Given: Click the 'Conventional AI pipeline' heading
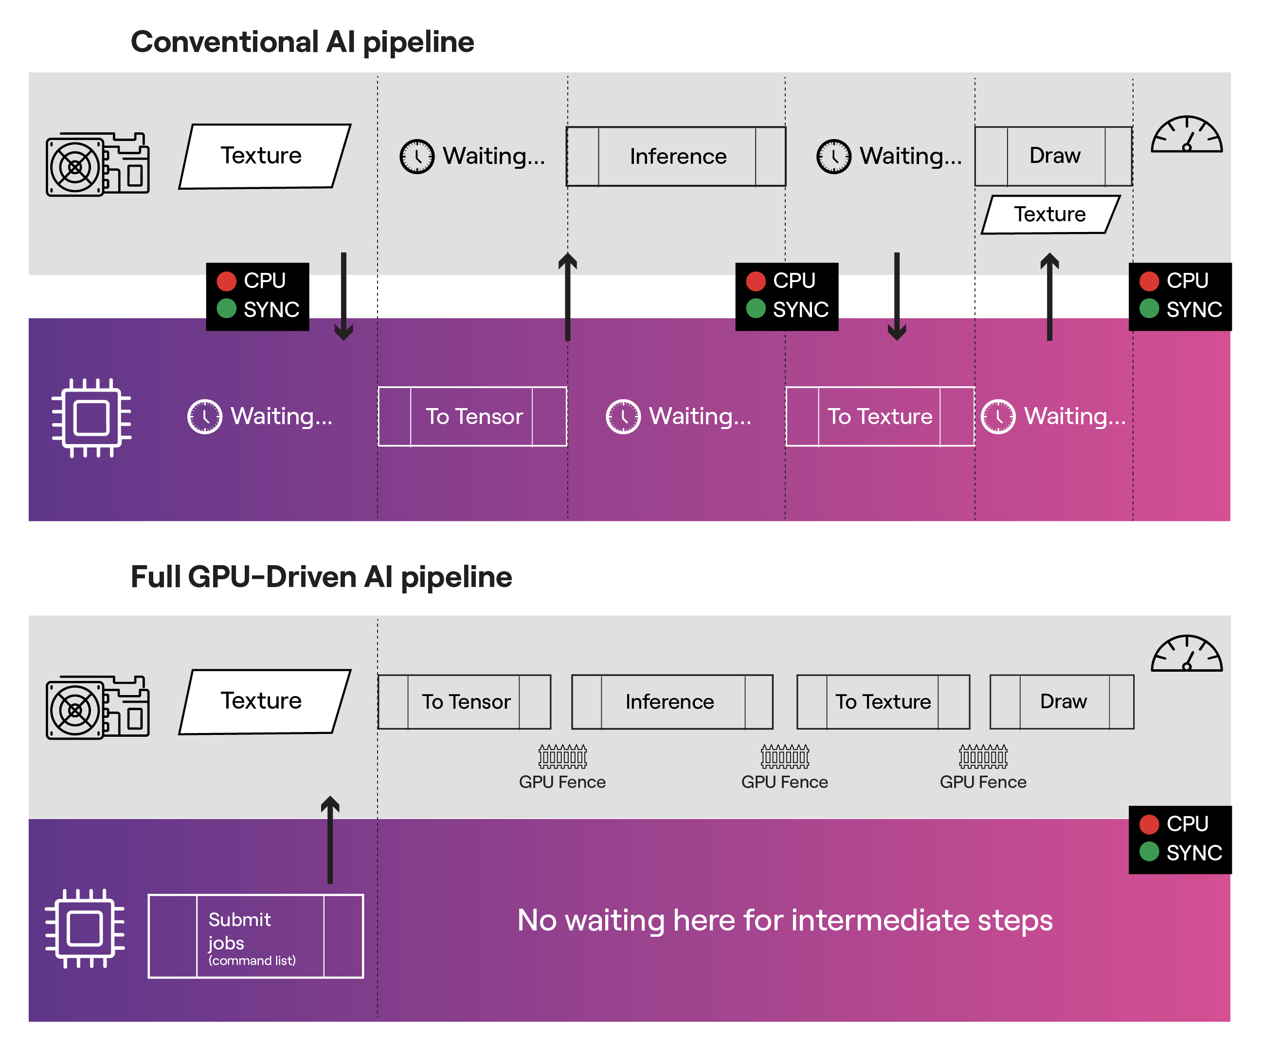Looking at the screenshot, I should pyautogui.click(x=302, y=42).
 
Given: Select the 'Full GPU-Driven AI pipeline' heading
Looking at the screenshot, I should pyautogui.click(x=321, y=577).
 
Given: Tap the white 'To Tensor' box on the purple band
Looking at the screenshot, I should pyautogui.click(x=472, y=416).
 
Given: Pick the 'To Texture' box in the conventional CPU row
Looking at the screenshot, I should pyautogui.click(x=880, y=416).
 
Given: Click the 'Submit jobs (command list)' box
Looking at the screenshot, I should pyautogui.click(x=256, y=936).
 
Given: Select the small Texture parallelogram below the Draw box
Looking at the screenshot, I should pyautogui.click(x=1050, y=214).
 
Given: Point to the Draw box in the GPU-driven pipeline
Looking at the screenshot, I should pyautogui.click(x=1062, y=701).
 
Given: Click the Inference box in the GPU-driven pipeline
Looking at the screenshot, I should pyautogui.click(x=672, y=701).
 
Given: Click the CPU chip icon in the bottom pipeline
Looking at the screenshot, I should pyautogui.click(x=85, y=928).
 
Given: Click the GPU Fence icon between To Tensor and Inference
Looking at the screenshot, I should pyautogui.click(x=562, y=756).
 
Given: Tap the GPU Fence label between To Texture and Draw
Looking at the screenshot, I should pyautogui.click(x=983, y=782).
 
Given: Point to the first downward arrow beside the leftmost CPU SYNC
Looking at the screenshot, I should pyautogui.click(x=344, y=296).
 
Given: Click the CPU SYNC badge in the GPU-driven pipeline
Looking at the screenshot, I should pyautogui.click(x=1180, y=840).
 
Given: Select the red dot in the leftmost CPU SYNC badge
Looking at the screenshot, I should pyautogui.click(x=227, y=281).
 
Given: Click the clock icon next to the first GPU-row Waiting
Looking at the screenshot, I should pyautogui.click(x=417, y=156).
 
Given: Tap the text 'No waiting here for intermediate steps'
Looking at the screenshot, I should pyautogui.click(x=785, y=920).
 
